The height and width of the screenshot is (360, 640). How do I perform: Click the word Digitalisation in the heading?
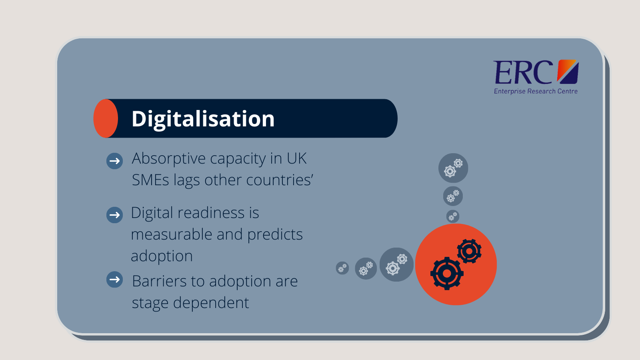203,119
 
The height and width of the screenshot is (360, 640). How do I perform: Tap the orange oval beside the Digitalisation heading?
106,118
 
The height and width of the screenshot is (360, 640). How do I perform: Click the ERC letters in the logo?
522,72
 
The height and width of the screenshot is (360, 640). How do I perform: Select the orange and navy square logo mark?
568,72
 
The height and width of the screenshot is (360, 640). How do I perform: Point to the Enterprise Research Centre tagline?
536,91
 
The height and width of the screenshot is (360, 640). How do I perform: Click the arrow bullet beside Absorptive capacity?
114,161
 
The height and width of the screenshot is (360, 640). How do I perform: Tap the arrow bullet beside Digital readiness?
114,215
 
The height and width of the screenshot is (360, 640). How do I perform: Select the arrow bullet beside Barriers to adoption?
114,280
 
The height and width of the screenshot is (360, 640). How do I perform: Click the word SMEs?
150,180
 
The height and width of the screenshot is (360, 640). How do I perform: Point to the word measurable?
172,234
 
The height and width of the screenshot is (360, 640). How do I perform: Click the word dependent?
211,303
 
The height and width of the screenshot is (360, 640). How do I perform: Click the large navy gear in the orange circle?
447,274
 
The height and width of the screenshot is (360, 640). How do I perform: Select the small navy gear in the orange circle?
470,251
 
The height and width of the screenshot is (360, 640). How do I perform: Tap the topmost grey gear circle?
453,168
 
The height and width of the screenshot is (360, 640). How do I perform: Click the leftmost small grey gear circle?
342,268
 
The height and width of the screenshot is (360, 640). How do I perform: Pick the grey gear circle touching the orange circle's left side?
396,264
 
